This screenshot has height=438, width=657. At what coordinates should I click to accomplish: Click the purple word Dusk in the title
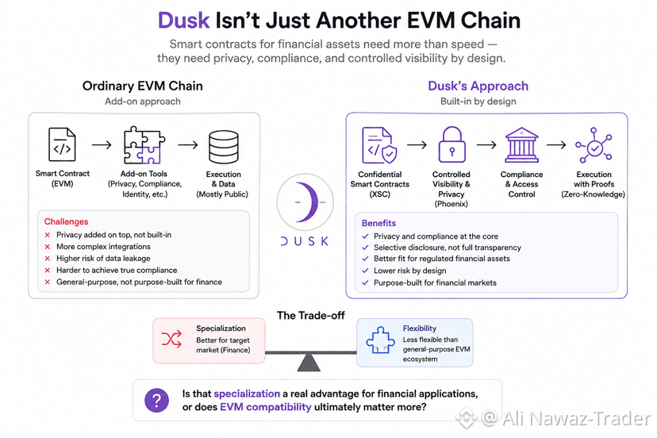coord(183,20)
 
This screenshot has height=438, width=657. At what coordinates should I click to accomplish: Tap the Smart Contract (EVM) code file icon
coord(62,144)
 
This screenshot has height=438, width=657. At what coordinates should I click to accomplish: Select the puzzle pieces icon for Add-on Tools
coord(144,145)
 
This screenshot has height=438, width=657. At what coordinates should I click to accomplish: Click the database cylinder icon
coord(223,147)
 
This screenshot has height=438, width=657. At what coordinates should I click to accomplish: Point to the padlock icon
coord(451,144)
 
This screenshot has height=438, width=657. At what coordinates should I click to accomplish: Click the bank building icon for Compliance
coord(521,145)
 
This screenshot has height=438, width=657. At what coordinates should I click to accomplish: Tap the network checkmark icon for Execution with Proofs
coord(594,145)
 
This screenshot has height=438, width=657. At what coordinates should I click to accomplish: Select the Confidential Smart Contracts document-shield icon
coord(379,145)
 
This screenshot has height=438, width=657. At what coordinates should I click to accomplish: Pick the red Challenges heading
coord(66,221)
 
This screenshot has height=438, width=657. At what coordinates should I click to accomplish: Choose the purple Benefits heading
coord(378,223)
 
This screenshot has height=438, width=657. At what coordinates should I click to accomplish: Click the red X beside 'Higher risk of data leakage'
coord(48,259)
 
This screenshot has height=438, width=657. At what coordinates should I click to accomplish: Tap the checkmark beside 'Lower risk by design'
coord(365,271)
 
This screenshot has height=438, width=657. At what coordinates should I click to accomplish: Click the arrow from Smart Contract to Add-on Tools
coord(102,144)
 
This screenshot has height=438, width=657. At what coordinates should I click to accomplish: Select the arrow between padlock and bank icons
coord(486,144)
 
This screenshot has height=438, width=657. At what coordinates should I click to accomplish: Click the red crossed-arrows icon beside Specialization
coord(171,339)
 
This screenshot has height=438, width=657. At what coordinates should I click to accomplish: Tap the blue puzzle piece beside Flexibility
coord(380,340)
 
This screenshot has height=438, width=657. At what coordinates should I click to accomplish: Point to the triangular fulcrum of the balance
coord(309,363)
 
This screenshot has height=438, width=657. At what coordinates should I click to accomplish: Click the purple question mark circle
coord(156,400)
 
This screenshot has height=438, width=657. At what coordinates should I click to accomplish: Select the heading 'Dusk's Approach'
coord(478,86)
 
